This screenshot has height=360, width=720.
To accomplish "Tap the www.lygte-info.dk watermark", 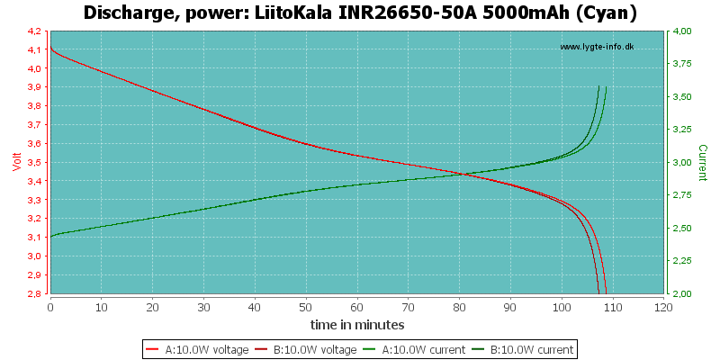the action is pos(597,47).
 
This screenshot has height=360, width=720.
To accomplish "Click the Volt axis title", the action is pos(17,162).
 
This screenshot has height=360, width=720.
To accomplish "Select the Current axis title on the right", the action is pos(703,163).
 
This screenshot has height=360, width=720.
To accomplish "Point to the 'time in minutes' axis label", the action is pos(357,325).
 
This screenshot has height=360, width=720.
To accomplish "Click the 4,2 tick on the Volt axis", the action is pos(40,31).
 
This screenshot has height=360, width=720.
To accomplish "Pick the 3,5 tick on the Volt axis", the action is pos(40,163).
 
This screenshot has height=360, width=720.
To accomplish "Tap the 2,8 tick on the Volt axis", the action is pos(40,293).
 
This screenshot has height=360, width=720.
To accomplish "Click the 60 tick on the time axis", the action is pos(357,306).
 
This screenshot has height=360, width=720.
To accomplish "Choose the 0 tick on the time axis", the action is pos(50,306).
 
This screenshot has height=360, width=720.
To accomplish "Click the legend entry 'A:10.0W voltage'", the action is pos(197,349).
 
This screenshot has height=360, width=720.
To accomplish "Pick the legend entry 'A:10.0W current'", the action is pos(414,349).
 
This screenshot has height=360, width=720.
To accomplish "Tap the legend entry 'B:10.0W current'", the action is pos(522,349).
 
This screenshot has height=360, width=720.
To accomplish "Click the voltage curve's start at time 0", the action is pos(50,47).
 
